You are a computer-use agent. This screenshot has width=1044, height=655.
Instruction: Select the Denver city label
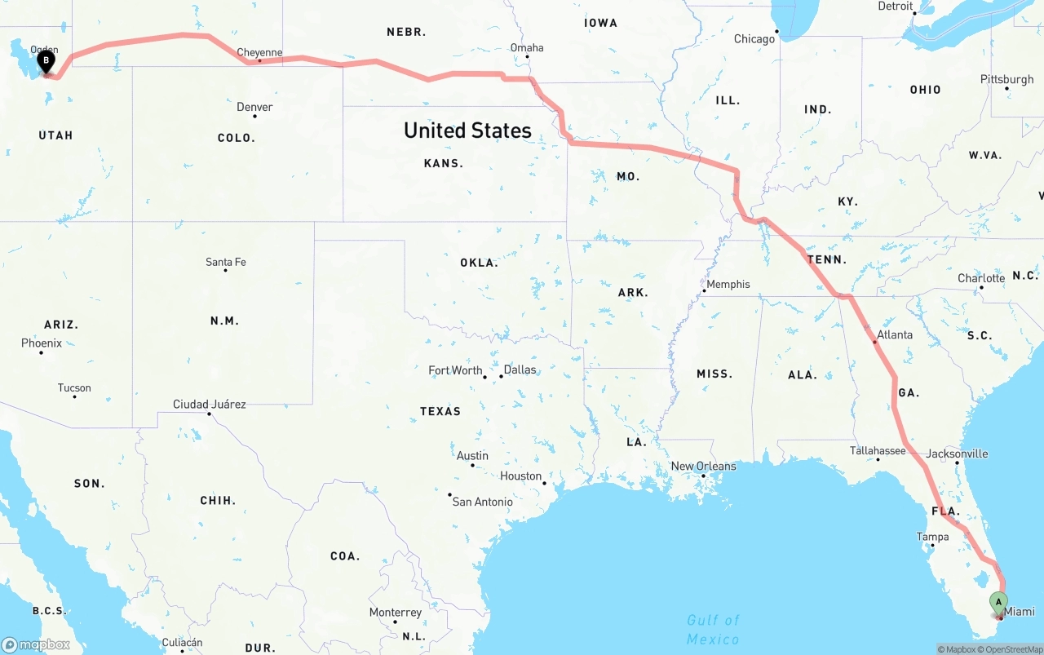(254, 107)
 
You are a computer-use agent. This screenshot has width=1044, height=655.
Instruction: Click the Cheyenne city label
(259, 53)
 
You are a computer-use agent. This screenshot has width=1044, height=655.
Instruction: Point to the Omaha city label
(527, 47)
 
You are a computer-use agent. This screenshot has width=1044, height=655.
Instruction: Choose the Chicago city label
(754, 39)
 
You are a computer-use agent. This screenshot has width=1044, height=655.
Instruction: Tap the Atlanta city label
(895, 334)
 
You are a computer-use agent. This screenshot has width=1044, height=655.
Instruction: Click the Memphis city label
(728, 284)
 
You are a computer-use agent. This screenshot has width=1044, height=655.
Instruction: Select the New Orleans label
(703, 467)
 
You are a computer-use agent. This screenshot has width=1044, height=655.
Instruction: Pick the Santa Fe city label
(226, 262)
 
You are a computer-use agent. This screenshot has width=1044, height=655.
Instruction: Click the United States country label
(467, 131)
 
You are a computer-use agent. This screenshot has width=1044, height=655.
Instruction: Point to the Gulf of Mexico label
(713, 629)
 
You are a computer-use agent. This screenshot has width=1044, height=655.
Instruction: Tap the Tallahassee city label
(878, 450)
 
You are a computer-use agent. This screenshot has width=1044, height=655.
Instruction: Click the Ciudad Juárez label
(209, 404)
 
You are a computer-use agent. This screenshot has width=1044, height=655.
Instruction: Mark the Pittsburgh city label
(1007, 79)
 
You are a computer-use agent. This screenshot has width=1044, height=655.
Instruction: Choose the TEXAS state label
(440, 411)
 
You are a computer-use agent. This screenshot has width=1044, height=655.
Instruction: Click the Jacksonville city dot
(957, 463)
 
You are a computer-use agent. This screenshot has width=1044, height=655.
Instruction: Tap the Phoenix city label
(42, 343)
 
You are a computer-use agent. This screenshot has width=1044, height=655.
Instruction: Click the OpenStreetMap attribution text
(1012, 649)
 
